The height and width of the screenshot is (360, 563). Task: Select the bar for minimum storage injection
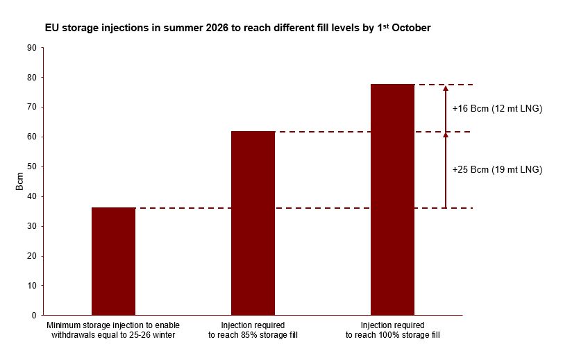coord(113,261)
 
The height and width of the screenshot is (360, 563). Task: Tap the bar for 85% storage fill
coord(253,223)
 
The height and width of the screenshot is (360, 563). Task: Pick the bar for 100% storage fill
coord(392,200)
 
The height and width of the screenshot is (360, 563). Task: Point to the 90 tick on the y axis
coord(31,48)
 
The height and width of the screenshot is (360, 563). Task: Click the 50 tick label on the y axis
coord(31,167)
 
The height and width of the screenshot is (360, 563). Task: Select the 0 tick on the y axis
coord(33,316)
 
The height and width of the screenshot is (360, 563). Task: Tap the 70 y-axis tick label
coord(31,108)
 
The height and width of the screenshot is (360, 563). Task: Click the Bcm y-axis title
coord(20,182)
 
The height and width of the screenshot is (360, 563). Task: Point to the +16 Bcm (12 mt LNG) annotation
coord(496,109)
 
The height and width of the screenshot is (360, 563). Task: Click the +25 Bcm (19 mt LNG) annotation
coord(496,170)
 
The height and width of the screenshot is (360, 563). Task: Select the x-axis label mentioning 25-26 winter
coord(113,329)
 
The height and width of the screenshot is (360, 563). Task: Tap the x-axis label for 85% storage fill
coord(253,329)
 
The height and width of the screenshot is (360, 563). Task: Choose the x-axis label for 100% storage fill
coord(392,329)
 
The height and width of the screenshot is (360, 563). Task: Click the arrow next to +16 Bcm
coord(446,108)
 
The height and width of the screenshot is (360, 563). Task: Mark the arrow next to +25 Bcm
coord(446,170)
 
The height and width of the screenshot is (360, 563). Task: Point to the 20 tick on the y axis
coord(31,256)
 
